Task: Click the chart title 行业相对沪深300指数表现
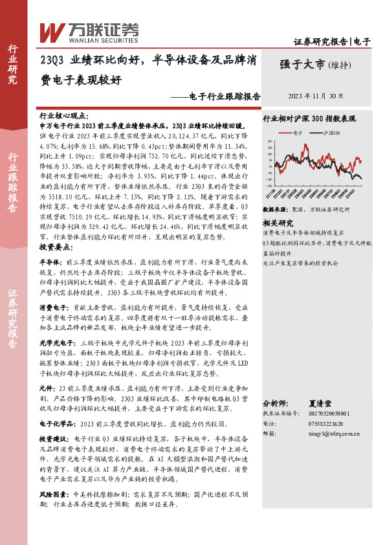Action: click(x=309, y=118)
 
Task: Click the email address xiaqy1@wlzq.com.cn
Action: click(x=331, y=434)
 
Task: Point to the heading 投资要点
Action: click(x=55, y=248)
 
